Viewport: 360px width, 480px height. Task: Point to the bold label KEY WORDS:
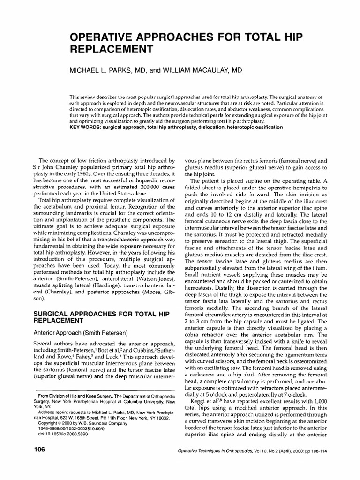(x=87, y=127)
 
